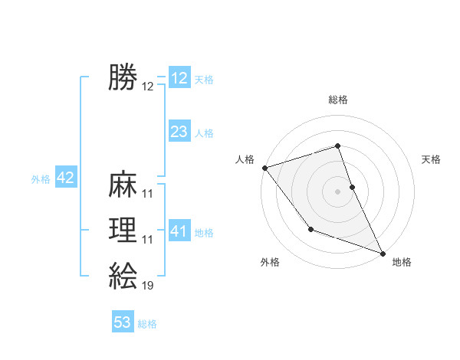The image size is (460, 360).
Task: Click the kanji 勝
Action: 123,78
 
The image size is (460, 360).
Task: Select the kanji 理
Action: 123,231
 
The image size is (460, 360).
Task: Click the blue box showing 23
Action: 179,132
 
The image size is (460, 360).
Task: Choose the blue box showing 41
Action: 179,231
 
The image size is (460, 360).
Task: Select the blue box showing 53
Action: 123,322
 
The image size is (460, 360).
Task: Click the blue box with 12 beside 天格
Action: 179,78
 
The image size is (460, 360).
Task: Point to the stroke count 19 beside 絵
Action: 148,286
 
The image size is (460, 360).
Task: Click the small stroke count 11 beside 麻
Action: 148,194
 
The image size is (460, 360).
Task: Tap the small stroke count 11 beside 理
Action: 148,240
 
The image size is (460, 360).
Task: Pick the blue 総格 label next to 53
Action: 147,324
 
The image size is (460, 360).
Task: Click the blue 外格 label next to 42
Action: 41,179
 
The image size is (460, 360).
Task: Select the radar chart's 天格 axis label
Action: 432,159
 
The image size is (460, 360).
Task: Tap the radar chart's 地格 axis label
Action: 402,262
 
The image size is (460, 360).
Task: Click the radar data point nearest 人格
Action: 264,167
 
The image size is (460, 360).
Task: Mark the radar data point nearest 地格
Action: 382,252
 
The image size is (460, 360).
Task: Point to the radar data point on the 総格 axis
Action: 338,146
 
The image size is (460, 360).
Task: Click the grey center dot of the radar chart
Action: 338,191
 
